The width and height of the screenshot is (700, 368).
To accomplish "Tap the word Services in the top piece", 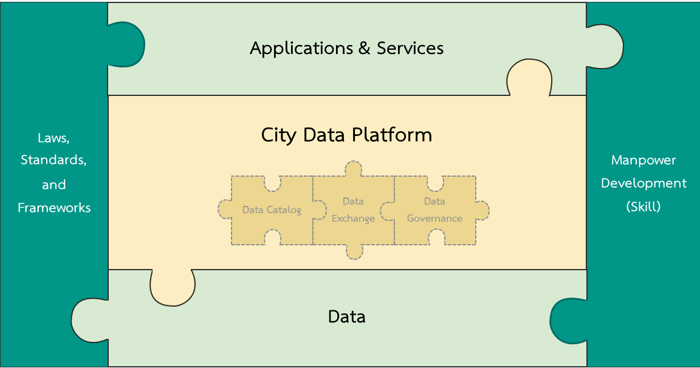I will (410, 48).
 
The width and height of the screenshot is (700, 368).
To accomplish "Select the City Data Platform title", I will (346, 134).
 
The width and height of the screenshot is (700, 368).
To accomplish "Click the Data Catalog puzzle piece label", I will (272, 210).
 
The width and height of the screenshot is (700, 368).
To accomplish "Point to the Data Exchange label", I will (353, 210).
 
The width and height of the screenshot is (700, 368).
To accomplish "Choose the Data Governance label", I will (434, 210).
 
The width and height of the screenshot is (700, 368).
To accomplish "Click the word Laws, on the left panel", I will (53, 138).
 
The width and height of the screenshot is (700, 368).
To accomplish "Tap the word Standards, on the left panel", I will (53, 160).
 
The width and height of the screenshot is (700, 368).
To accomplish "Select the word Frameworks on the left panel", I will (54, 208).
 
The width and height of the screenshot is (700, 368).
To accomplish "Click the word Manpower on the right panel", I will (643, 160).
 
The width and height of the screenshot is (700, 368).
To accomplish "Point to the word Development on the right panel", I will (643, 183).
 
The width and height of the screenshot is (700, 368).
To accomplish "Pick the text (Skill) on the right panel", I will (643, 206).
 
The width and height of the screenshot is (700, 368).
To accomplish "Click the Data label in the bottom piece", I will (346, 316).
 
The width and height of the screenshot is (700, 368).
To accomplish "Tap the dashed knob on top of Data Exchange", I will (353, 169).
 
